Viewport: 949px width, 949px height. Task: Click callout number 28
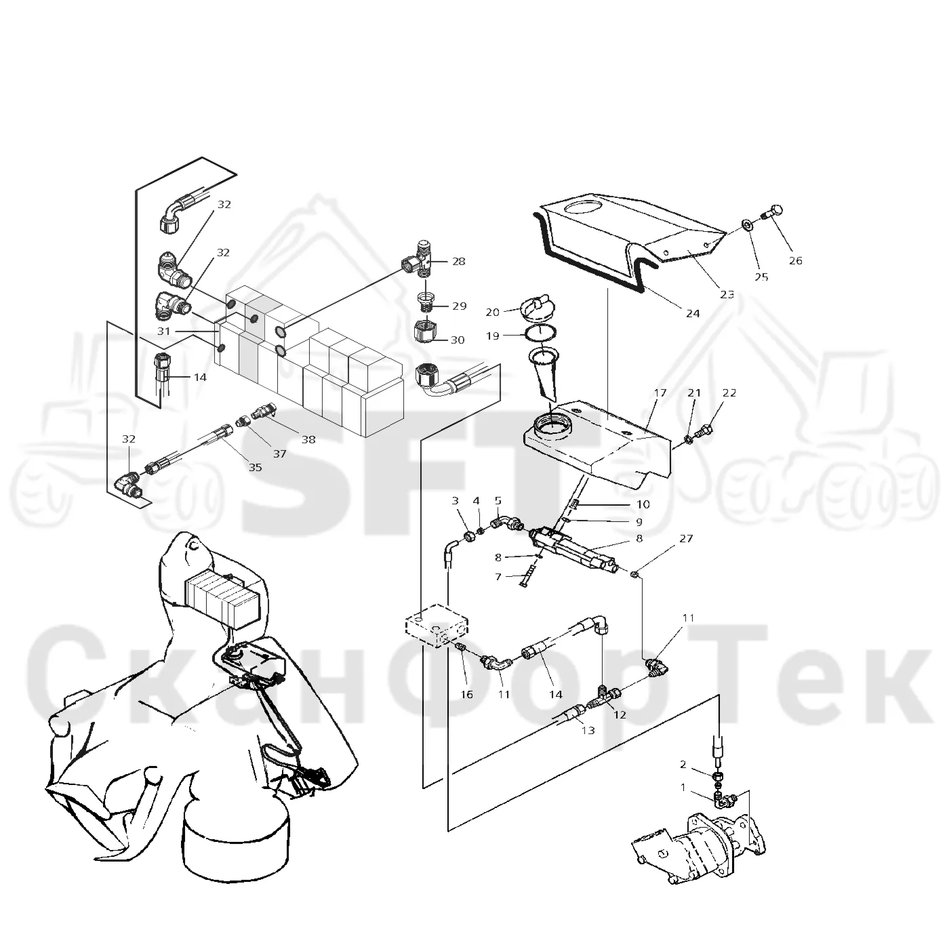[458, 262]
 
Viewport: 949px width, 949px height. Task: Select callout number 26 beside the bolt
[795, 260]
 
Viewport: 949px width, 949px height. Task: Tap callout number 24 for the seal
[692, 313]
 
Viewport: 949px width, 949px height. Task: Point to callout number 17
[660, 392]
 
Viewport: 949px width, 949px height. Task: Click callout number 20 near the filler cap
[493, 312]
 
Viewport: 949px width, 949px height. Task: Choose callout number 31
[163, 331]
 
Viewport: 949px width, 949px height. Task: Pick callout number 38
[308, 439]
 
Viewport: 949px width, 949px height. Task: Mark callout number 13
[588, 730]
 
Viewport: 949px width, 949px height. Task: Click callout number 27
[686, 538]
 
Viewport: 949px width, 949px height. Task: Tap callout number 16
[466, 694]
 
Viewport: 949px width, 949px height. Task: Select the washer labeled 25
[747, 226]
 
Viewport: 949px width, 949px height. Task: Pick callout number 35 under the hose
[255, 467]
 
